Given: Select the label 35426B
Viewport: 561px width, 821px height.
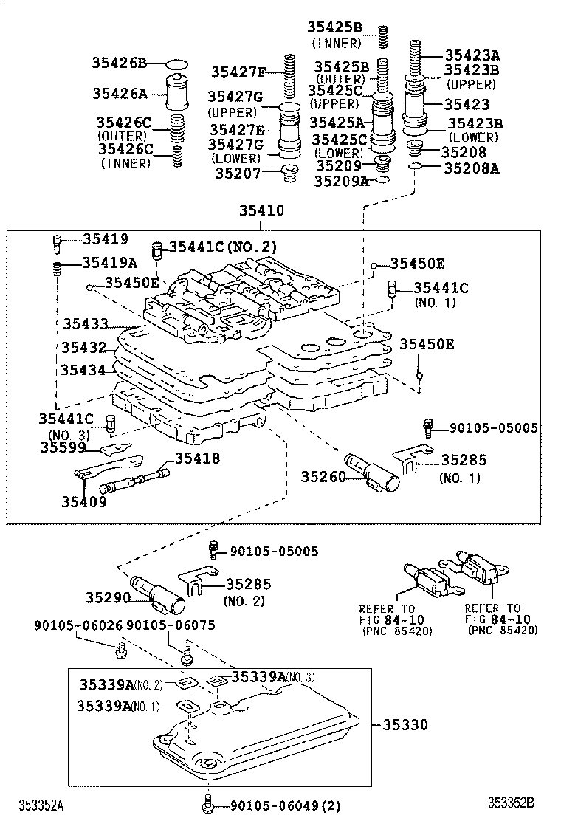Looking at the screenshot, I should click(x=120, y=63).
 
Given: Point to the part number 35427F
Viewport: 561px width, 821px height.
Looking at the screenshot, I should click(x=238, y=72).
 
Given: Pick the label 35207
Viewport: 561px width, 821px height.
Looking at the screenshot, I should click(x=238, y=174).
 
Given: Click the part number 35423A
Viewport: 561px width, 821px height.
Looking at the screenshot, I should click(x=472, y=55).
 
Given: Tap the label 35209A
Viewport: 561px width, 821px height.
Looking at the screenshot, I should click(x=341, y=181).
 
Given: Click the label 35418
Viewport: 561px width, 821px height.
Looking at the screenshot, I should click(x=197, y=458).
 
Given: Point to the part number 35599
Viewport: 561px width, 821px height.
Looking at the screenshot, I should click(x=63, y=447).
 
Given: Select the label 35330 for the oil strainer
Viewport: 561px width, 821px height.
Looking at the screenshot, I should click(x=405, y=726).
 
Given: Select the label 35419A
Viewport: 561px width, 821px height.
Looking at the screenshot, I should click(x=110, y=261).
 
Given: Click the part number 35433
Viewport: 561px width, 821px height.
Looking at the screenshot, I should click(x=86, y=323).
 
